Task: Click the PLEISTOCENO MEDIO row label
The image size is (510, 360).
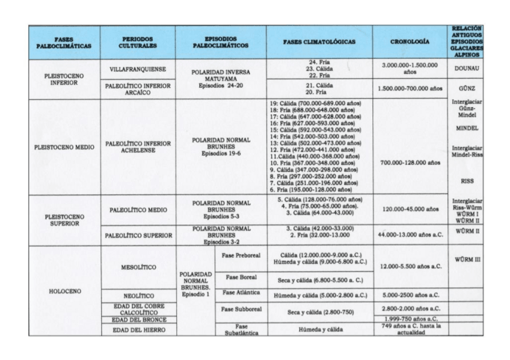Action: tap(64, 147)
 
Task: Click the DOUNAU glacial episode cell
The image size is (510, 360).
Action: tap(466, 69)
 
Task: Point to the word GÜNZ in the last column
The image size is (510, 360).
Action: tap(466, 88)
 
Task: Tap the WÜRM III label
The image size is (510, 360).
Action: tap(466, 260)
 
